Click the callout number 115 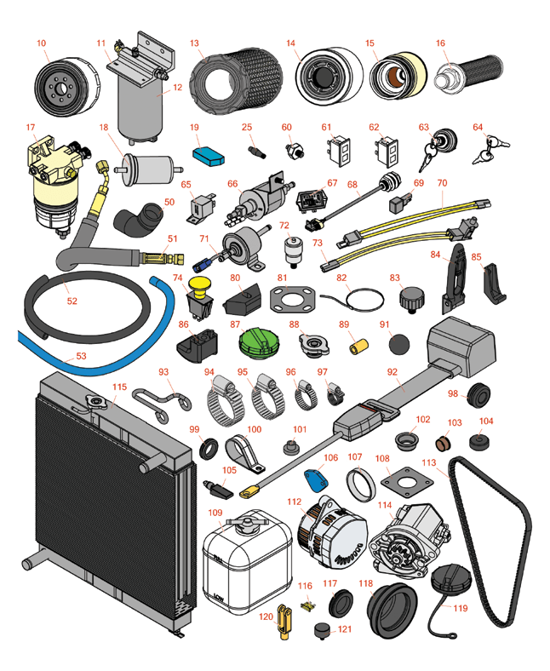click(119, 387)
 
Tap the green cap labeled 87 click(258, 344)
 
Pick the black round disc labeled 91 click(399, 344)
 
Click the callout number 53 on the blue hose click(81, 356)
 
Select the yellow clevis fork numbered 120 click(284, 621)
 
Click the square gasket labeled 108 click(407, 482)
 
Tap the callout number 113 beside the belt click(428, 462)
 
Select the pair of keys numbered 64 click(490, 149)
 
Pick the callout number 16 click(440, 43)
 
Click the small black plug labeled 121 click(322, 631)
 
